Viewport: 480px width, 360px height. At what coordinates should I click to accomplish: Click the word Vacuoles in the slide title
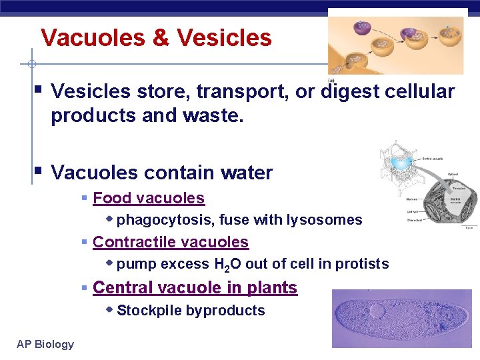(x=91, y=37)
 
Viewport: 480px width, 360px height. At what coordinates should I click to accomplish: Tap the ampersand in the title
(x=161, y=37)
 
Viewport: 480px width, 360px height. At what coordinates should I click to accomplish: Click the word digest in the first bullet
(x=350, y=91)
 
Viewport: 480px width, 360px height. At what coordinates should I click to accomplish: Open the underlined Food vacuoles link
(x=149, y=198)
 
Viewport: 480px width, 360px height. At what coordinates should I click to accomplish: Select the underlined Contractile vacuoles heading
(x=171, y=242)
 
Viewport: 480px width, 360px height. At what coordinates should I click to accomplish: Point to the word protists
(x=362, y=264)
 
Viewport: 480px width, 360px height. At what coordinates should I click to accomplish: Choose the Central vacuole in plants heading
(x=195, y=287)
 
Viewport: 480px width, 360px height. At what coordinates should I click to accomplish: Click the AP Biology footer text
(x=45, y=344)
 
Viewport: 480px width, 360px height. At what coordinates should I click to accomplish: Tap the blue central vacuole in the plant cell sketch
(x=403, y=162)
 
